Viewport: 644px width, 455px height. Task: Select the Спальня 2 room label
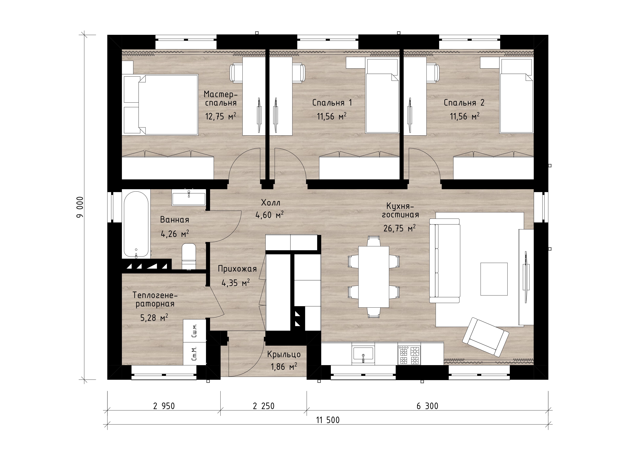click(x=464, y=103)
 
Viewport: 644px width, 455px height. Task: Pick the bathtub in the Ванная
click(x=136, y=224)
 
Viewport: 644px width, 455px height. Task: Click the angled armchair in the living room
click(x=485, y=337)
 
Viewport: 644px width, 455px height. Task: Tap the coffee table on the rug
click(x=494, y=279)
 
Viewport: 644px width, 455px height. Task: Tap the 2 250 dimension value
click(x=264, y=406)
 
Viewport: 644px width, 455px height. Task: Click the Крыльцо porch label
click(x=284, y=354)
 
